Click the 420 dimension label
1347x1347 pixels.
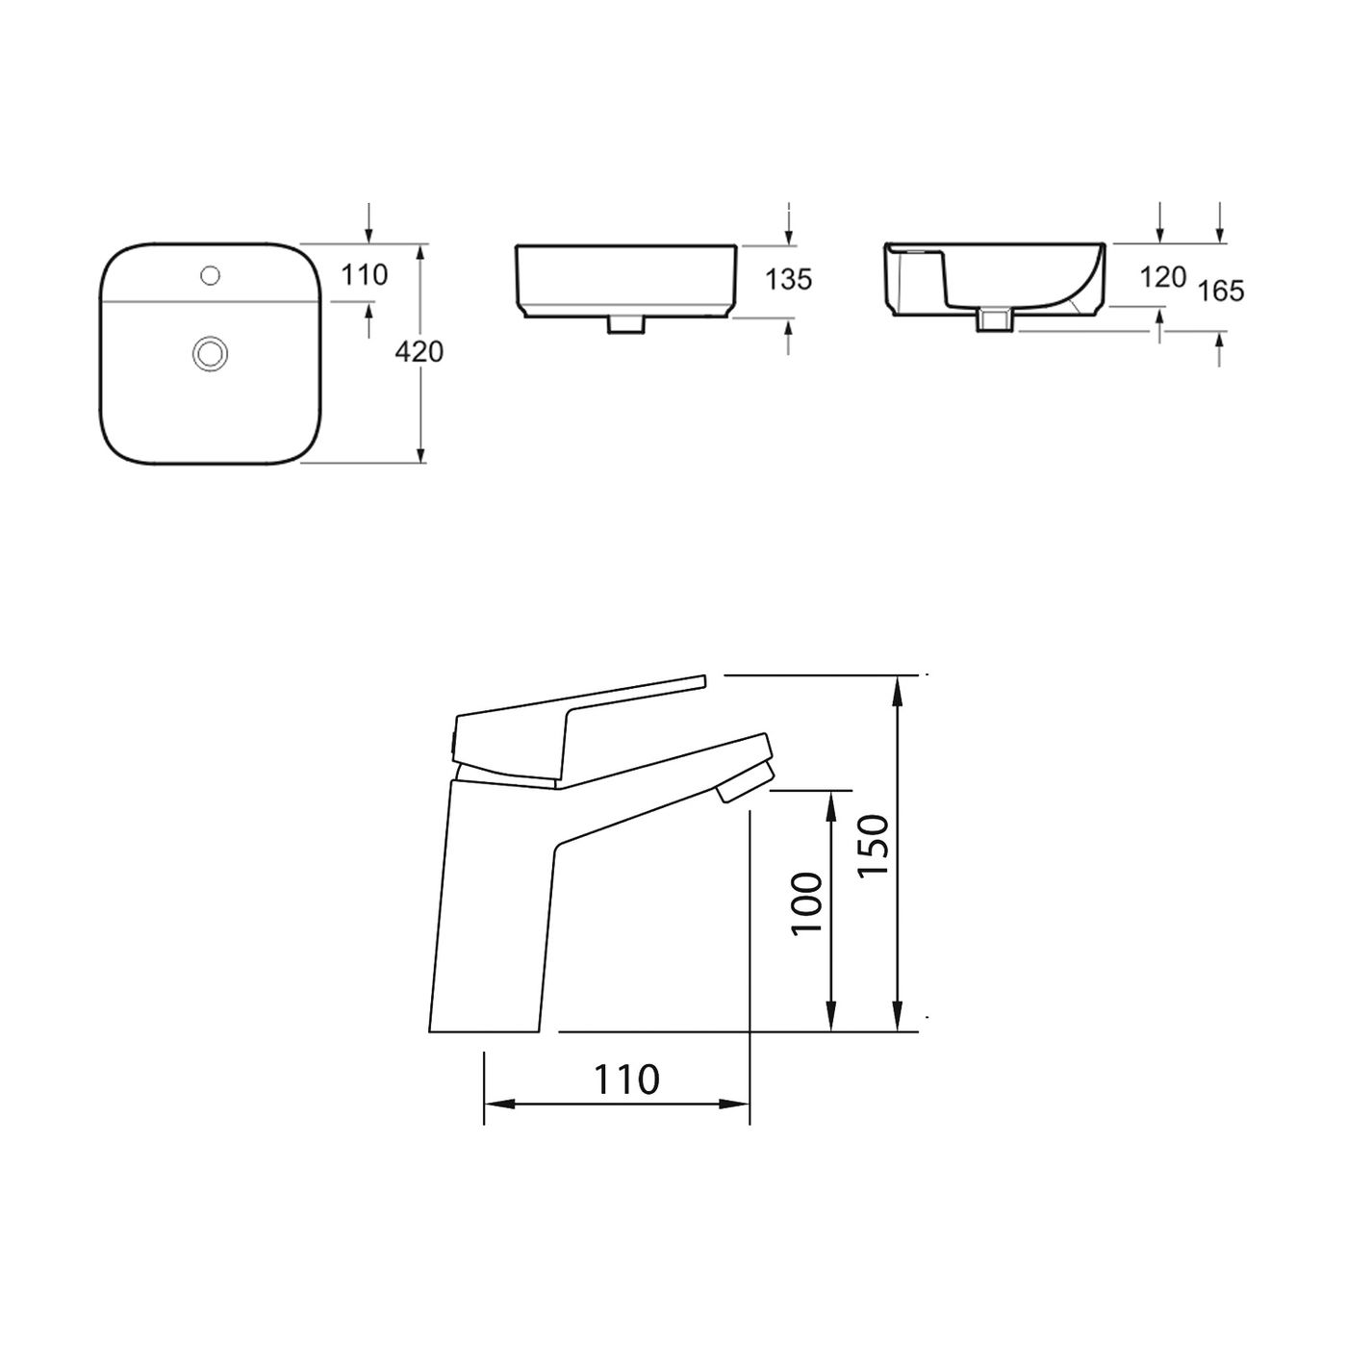[x=419, y=352]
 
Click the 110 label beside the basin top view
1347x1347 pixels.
[x=365, y=275]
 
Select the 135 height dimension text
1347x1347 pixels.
[x=789, y=279]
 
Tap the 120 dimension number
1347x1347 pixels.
[x=1162, y=278]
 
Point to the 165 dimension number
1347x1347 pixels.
[x=1222, y=290]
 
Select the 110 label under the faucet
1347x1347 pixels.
[x=626, y=1080]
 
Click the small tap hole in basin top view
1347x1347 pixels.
[x=209, y=277]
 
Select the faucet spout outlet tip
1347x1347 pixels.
[x=743, y=781]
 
